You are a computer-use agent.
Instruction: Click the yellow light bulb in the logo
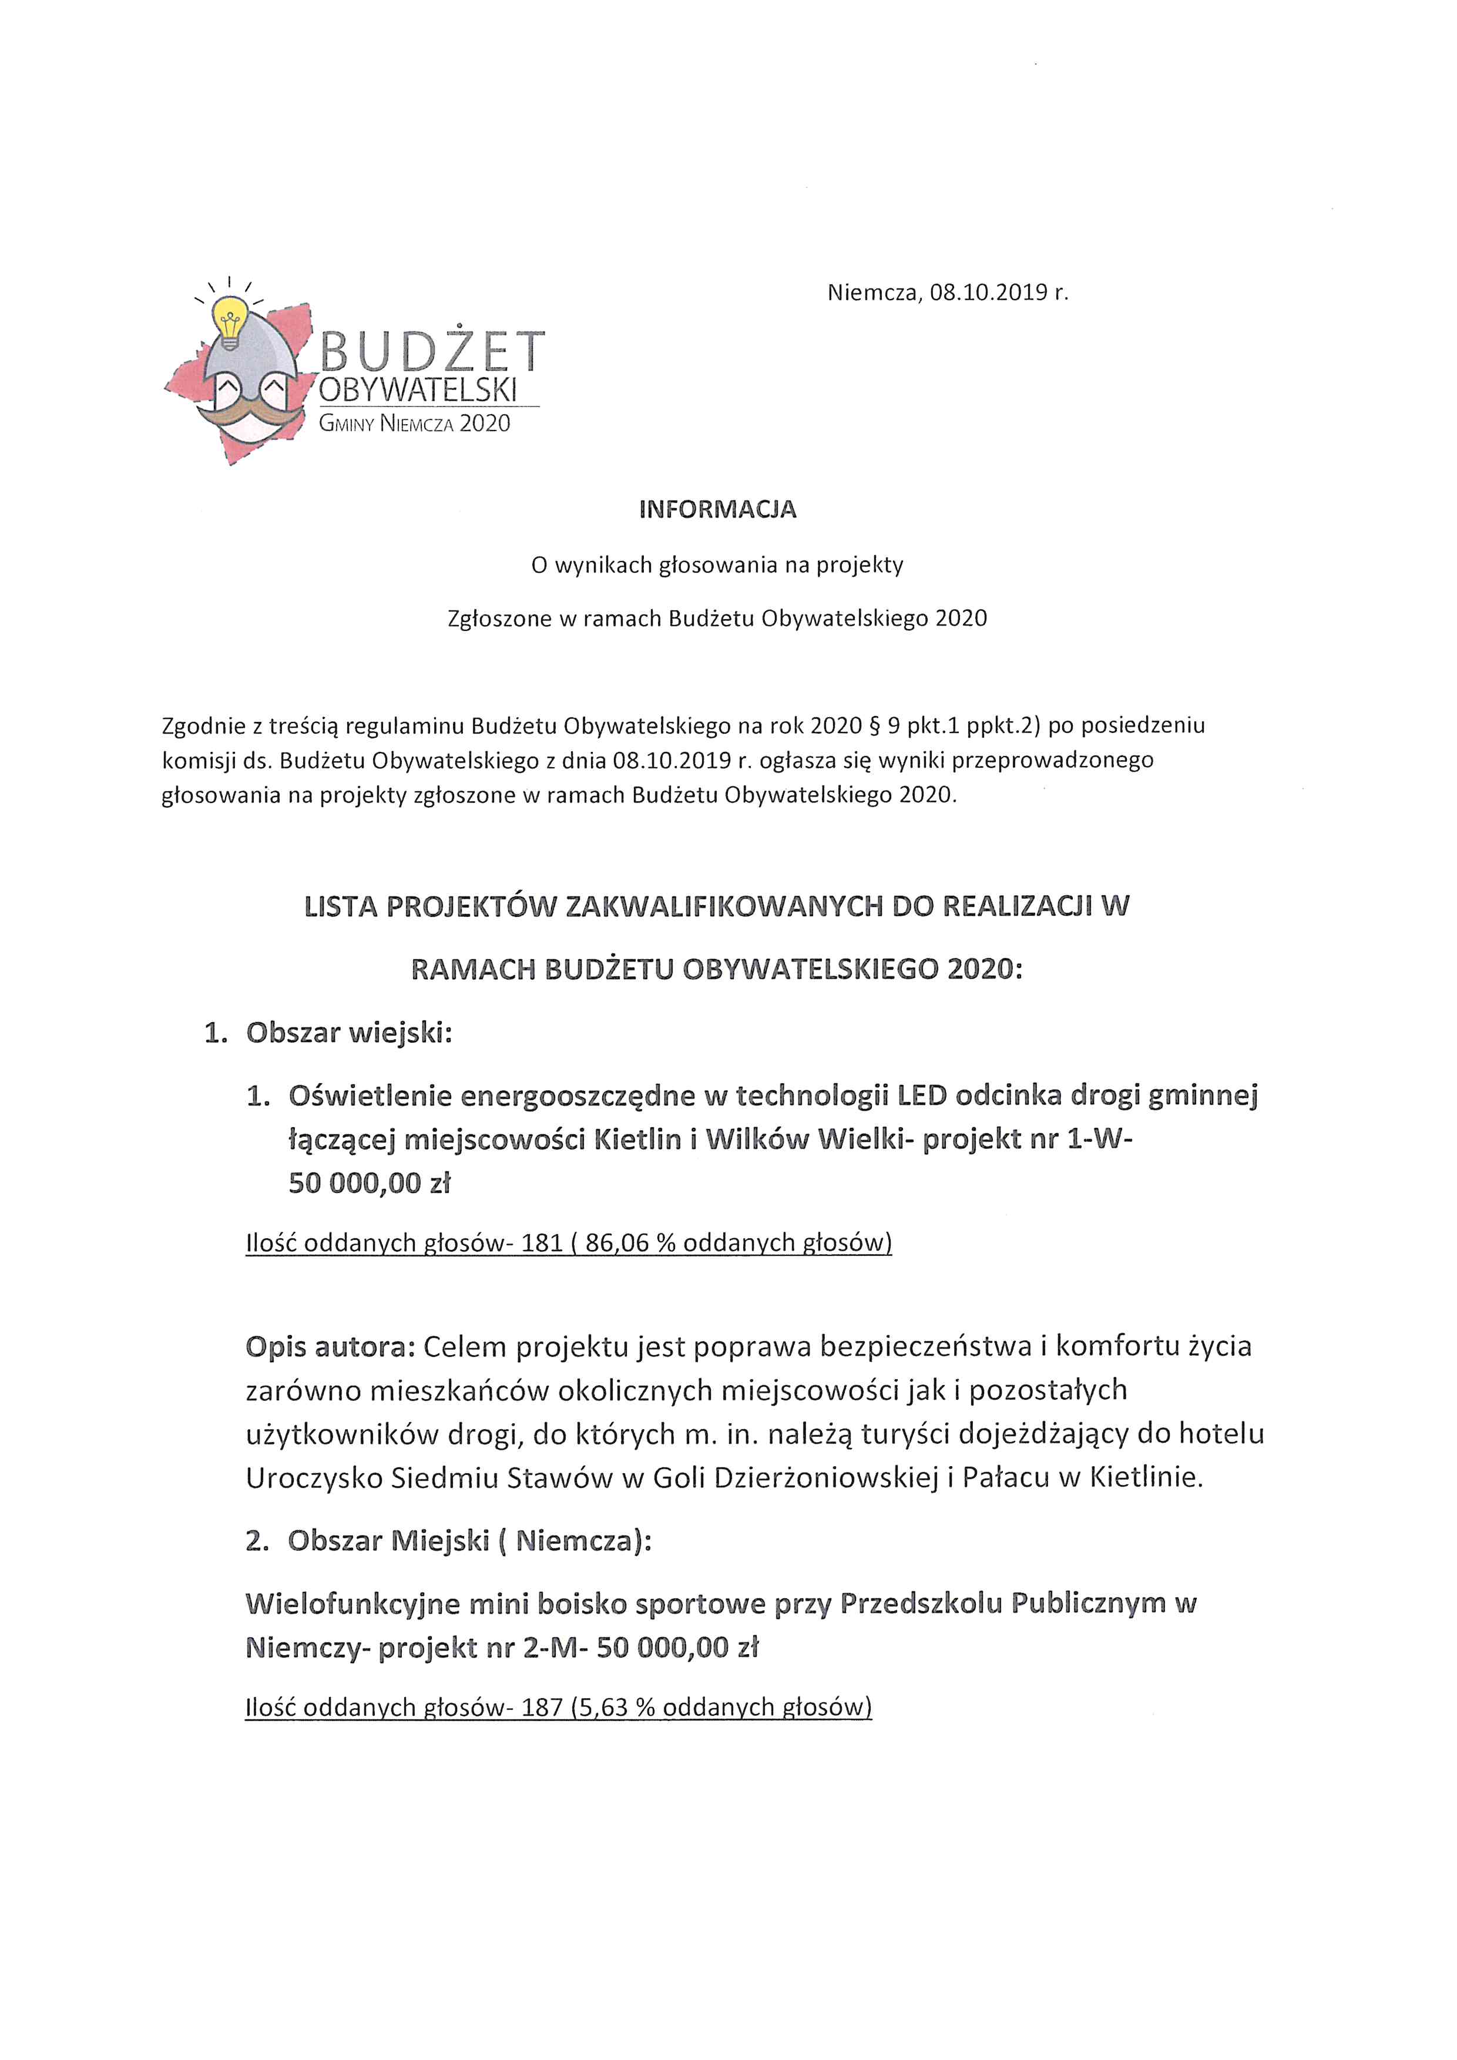coord(230,321)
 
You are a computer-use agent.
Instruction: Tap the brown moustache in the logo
coord(253,413)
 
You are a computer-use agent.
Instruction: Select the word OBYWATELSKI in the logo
coord(418,391)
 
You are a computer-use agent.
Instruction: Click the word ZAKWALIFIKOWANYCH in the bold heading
coord(723,907)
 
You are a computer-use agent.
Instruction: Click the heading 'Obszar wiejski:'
coord(349,1033)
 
